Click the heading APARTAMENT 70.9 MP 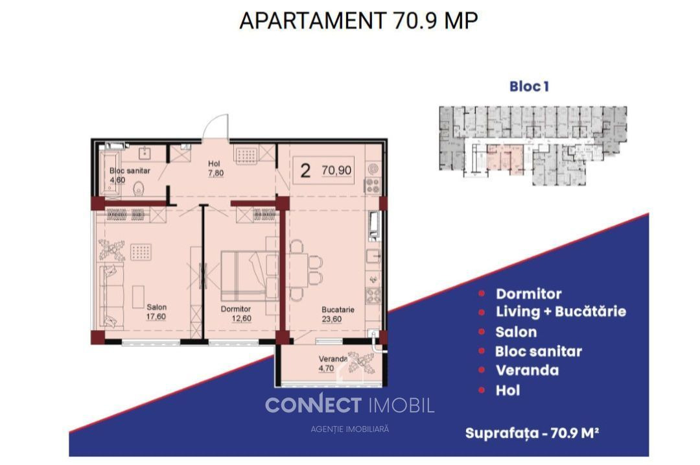[358, 21]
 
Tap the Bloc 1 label [529, 86]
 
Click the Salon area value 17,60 [156, 316]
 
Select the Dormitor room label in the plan [236, 309]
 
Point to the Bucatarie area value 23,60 [332, 319]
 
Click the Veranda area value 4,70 [326, 368]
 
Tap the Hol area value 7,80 [216, 173]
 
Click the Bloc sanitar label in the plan [130, 171]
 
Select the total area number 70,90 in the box [336, 170]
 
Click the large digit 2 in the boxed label [305, 171]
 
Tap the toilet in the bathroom [139, 189]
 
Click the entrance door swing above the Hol [216, 126]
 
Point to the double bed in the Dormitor [250, 276]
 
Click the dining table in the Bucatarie [297, 270]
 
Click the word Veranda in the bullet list [527, 370]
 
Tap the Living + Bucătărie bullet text [561, 311]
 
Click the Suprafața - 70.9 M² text [531, 433]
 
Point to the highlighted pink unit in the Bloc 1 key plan [505, 159]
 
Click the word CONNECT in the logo [313, 405]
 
